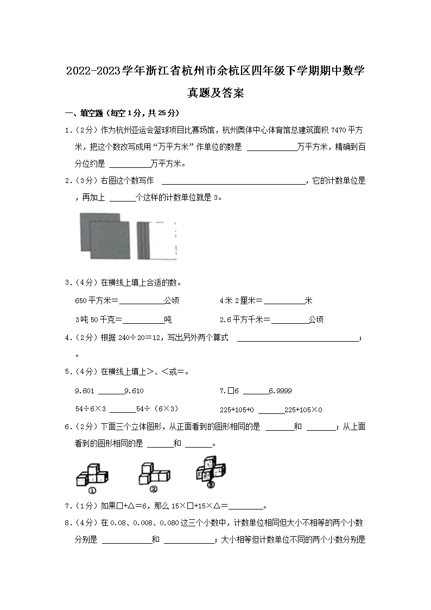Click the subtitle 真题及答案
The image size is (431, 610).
point(215,93)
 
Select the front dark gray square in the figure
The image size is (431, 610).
point(110,240)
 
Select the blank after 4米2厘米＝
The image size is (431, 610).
point(284,301)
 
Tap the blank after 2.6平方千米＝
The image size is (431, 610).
point(289,320)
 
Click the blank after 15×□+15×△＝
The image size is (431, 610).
point(246,506)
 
